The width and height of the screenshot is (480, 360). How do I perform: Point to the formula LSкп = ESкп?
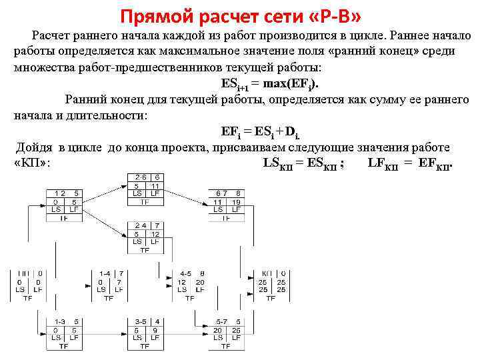pos(304,163)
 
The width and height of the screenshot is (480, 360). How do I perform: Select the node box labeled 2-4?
pos(145,237)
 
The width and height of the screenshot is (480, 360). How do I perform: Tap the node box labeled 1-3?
pos(64,333)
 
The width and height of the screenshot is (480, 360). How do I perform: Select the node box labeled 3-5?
pos(145,333)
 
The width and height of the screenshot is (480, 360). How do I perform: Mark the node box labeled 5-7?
pos(227,333)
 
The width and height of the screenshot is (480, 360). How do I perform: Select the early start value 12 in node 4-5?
pos(181,282)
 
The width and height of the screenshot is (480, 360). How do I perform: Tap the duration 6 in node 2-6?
pos(157,177)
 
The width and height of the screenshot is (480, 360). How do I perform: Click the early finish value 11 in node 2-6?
pos(155,186)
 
